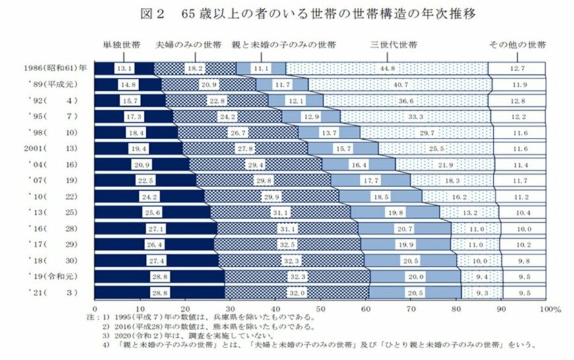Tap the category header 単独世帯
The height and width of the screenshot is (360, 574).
121,45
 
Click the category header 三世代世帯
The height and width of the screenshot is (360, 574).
393,45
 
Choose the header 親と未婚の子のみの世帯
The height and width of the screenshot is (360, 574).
283,45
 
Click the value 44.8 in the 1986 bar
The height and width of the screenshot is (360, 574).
387,68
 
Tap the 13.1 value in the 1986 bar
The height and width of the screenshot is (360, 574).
124,68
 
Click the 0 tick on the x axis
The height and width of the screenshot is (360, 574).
96,309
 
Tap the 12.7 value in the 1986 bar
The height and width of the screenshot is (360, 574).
517,68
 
